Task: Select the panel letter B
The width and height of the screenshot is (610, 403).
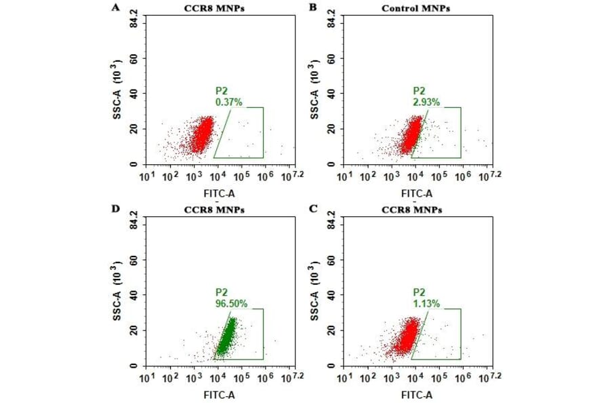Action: point(313,7)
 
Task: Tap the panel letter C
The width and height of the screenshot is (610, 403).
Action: point(313,209)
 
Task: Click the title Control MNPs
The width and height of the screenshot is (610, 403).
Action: point(416,8)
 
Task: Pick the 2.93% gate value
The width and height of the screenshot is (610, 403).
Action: point(426,102)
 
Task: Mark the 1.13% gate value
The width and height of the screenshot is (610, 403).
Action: point(426,304)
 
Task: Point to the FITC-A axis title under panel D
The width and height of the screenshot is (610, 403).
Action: point(218,394)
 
